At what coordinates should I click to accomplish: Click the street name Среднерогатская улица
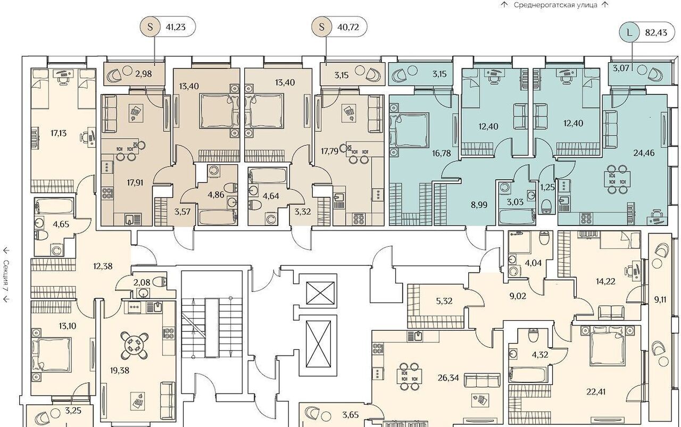[x=555, y=5]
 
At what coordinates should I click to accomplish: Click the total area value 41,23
[x=176, y=27]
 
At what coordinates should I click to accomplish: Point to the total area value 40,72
[x=348, y=27]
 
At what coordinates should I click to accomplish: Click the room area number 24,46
[x=644, y=153]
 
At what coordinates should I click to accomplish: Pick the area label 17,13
[x=59, y=133]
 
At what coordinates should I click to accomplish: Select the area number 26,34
[x=448, y=378]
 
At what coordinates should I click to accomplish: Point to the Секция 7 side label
[x=6, y=275]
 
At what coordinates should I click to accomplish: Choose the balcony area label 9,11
[x=660, y=300]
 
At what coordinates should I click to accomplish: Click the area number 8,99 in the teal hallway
[x=479, y=205]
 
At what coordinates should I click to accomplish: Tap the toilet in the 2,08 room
[x=161, y=281]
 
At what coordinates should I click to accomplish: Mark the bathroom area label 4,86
[x=216, y=195]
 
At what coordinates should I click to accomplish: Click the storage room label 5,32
[x=444, y=301]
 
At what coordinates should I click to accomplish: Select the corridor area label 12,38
[x=103, y=266]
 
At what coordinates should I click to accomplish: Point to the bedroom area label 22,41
[x=596, y=392]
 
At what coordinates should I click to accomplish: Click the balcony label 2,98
[x=144, y=74]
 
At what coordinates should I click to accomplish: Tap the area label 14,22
[x=605, y=281]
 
